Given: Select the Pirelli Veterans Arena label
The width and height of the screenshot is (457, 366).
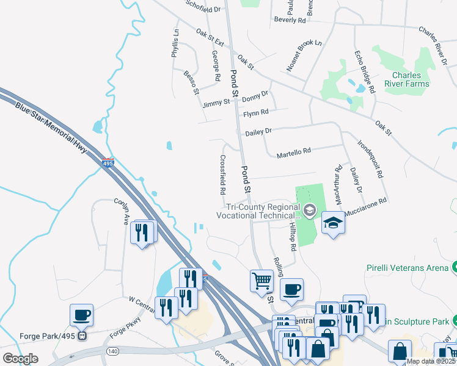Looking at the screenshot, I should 408,268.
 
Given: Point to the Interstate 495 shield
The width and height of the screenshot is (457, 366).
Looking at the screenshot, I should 108,162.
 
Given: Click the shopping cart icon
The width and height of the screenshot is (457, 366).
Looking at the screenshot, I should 261,281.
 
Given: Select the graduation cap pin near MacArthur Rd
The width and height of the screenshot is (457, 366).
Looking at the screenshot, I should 334,222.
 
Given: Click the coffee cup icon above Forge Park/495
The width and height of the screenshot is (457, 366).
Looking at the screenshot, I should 81,315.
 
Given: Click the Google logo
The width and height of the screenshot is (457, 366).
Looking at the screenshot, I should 21,359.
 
